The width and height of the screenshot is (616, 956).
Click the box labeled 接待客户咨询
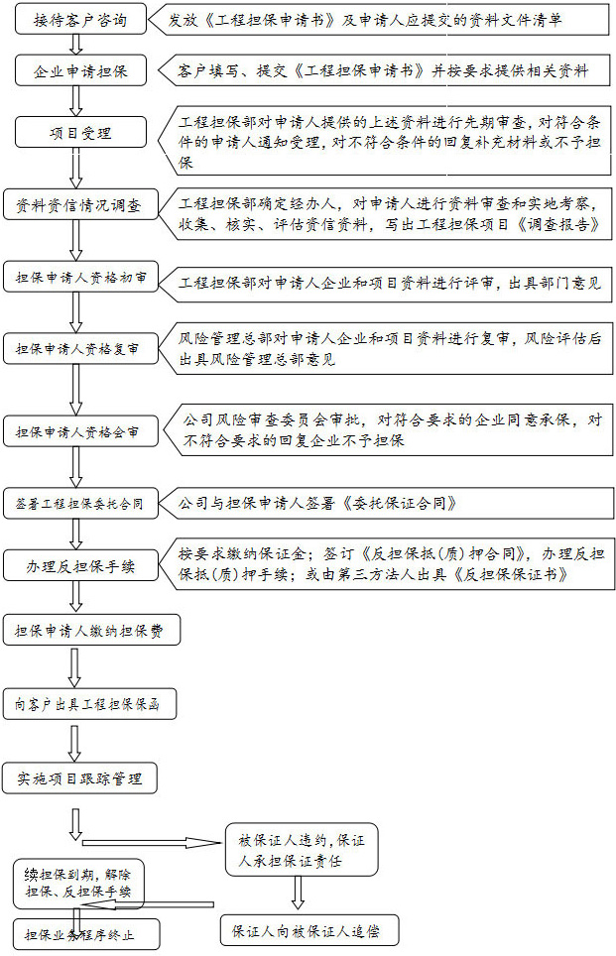(x=80, y=20)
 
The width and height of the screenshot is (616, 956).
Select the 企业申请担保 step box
(x=80, y=70)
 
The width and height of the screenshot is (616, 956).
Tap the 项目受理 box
(x=80, y=132)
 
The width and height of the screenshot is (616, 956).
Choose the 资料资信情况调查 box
(x=80, y=205)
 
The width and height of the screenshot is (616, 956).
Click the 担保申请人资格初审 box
(x=80, y=278)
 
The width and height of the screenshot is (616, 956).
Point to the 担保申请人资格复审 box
(x=80, y=349)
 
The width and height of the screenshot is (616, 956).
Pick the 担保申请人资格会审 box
(x=80, y=431)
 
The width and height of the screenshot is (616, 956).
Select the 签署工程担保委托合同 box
(x=80, y=504)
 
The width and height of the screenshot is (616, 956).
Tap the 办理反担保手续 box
(x=80, y=566)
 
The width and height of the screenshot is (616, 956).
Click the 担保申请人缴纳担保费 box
(x=91, y=631)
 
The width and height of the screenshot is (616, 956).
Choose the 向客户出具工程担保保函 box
(x=89, y=705)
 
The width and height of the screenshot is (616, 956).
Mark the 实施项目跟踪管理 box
(x=80, y=778)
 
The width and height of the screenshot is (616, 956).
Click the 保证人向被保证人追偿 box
(x=309, y=931)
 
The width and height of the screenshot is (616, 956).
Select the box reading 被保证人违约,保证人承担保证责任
(x=302, y=850)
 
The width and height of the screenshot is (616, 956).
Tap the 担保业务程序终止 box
(x=85, y=934)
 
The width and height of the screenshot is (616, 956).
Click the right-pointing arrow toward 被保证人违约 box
(x=151, y=843)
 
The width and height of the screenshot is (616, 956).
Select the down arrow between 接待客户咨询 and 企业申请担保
(x=76, y=45)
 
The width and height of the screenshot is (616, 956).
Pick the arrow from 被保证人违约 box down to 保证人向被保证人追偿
(x=298, y=894)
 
